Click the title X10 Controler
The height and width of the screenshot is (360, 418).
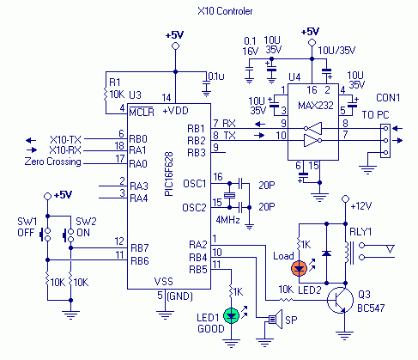click(x=225, y=11)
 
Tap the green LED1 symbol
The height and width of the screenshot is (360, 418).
click(x=231, y=315)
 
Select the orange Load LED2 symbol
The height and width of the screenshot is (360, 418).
click(x=299, y=268)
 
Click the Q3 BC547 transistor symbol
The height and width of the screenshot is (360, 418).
click(x=340, y=300)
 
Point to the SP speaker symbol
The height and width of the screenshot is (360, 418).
click(x=276, y=319)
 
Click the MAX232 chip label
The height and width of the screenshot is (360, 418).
click(x=316, y=106)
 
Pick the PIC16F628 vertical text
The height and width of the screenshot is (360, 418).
click(x=169, y=174)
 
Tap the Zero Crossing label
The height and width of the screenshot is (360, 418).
click(x=53, y=162)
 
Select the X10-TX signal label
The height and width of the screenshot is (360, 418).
click(x=65, y=140)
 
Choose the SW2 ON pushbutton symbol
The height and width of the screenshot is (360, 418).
click(x=69, y=235)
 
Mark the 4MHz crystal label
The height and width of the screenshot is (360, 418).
click(x=227, y=220)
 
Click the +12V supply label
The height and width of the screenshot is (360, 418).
click(x=361, y=206)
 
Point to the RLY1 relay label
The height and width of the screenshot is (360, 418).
click(x=360, y=232)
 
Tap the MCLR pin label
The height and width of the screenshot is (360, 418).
click(x=142, y=112)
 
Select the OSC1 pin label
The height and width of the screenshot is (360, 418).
click(x=195, y=184)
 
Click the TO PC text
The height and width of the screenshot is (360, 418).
click(x=375, y=115)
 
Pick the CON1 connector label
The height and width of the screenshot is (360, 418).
click(x=388, y=98)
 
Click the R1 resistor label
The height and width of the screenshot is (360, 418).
click(x=115, y=82)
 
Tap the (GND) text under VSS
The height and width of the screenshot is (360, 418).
click(x=179, y=296)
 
